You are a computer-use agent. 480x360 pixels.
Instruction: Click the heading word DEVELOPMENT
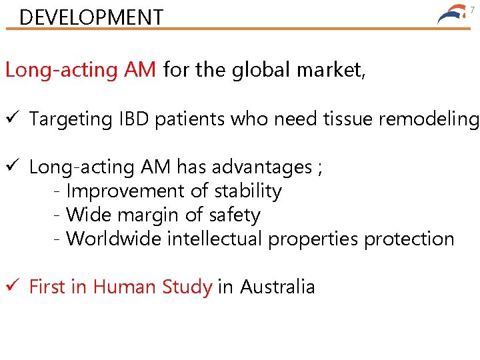pos(91,17)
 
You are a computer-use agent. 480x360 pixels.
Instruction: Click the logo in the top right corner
pos(453,15)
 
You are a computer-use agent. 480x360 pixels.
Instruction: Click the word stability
pos(248,191)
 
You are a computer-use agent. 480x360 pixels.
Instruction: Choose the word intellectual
pos(217,239)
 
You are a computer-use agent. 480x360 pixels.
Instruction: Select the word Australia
pos(277,287)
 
